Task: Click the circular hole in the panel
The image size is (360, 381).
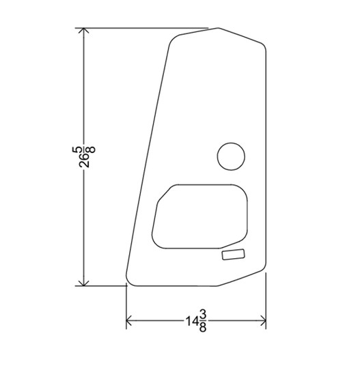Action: pyautogui.click(x=230, y=156)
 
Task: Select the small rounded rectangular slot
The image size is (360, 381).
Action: pyautogui.click(x=233, y=255)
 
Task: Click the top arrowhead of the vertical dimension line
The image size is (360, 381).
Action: pyautogui.click(x=83, y=32)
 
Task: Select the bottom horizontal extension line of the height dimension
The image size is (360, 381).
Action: pyautogui.click(x=102, y=285)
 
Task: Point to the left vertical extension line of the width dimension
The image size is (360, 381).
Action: pyautogui.click(x=126, y=307)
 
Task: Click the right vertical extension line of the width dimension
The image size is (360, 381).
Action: pyautogui.click(x=266, y=300)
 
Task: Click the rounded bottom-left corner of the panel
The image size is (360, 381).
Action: pyautogui.click(x=128, y=281)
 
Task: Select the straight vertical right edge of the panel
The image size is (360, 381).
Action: pyautogui.click(x=266, y=157)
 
